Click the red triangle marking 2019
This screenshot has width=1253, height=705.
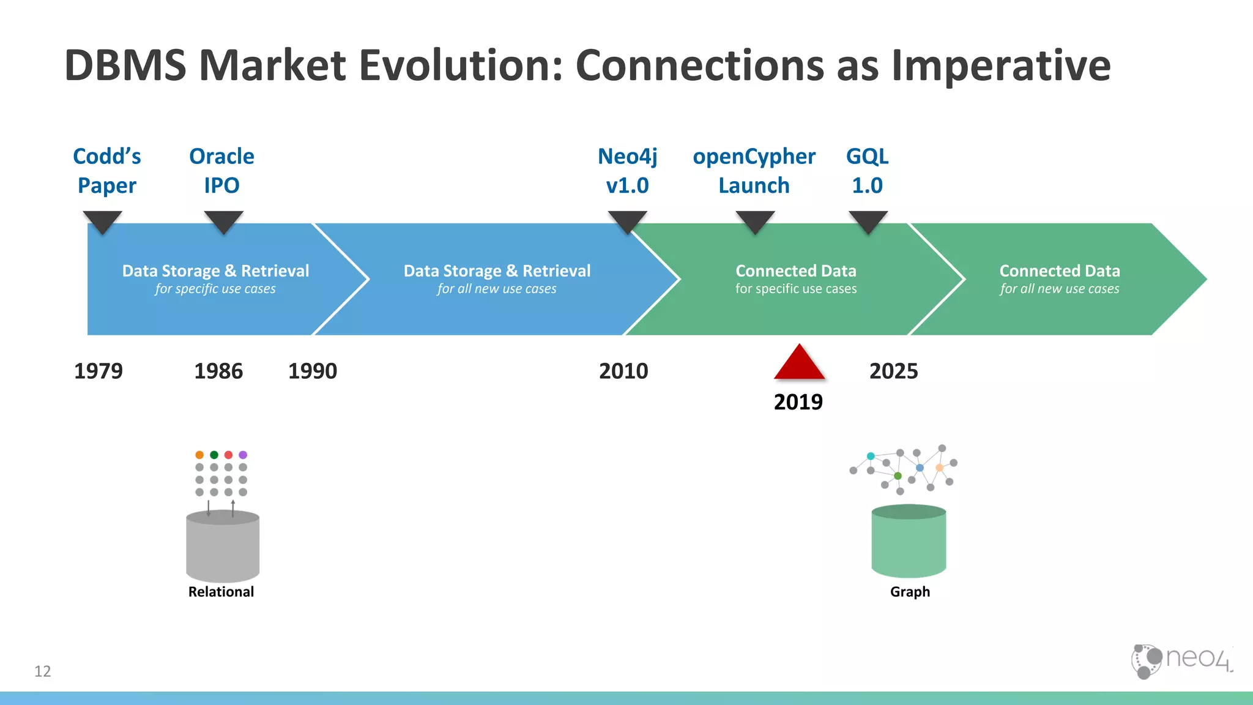[x=799, y=365]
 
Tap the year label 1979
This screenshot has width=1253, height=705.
[x=98, y=371]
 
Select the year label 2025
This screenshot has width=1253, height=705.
[x=893, y=371]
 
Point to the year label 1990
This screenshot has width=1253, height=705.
[x=312, y=371]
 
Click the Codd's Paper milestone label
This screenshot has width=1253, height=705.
[x=107, y=171]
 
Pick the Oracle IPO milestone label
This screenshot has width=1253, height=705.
[x=221, y=171]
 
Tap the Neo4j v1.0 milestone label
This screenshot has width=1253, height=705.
[x=627, y=171]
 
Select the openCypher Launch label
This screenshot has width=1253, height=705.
[x=754, y=171]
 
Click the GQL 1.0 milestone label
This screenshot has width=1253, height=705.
[x=867, y=171]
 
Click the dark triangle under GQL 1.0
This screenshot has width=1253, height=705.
[x=868, y=221]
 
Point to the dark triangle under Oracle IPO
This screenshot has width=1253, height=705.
[x=223, y=221]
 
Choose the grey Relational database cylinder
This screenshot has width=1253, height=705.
[x=223, y=548]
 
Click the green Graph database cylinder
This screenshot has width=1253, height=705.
[x=909, y=542]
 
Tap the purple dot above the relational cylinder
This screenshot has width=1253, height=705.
[x=243, y=455]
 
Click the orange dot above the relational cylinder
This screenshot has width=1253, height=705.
[x=199, y=455]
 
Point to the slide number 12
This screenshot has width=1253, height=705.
[x=43, y=671]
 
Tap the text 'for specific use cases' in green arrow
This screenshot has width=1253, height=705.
[x=795, y=289]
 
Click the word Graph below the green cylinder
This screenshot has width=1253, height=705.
[x=910, y=592]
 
